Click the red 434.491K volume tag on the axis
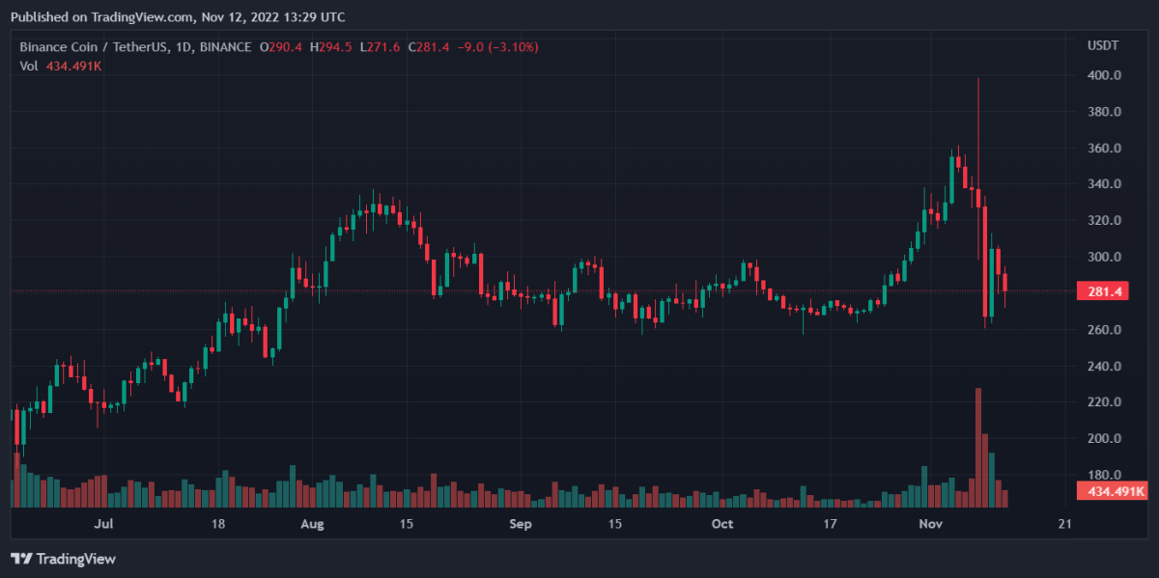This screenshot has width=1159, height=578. [x=1111, y=492]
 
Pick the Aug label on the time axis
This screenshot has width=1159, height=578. [x=311, y=524]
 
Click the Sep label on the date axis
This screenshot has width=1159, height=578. [x=521, y=524]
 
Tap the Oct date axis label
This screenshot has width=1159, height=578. [x=721, y=524]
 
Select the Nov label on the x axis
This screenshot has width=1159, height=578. [x=930, y=524]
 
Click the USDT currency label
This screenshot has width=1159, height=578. [x=1102, y=45]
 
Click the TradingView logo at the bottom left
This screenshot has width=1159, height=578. [x=63, y=559]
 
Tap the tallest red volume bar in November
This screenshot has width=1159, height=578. [x=978, y=444]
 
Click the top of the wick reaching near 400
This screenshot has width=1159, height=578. [x=978, y=79]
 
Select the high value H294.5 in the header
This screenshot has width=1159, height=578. [x=332, y=46]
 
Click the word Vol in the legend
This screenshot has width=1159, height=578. [x=29, y=66]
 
